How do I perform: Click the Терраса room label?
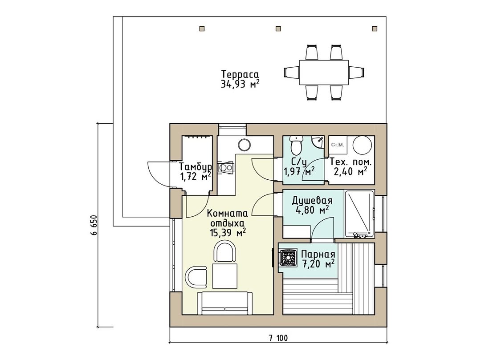tap(240, 74)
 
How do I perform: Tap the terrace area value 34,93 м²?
tap(240, 84)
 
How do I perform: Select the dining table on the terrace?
tap(324, 72)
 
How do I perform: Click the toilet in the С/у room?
tap(296, 145)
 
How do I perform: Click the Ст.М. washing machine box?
tap(338, 145)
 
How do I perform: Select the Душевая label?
tap(312, 201)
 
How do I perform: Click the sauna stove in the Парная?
tap(288, 258)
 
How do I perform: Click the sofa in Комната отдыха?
tap(225, 303)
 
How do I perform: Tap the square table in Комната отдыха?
tap(225, 276)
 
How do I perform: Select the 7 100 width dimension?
tap(278, 338)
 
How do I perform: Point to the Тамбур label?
tap(196, 167)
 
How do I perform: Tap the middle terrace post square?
tap(278, 28)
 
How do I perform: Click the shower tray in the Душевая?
tap(359, 214)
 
